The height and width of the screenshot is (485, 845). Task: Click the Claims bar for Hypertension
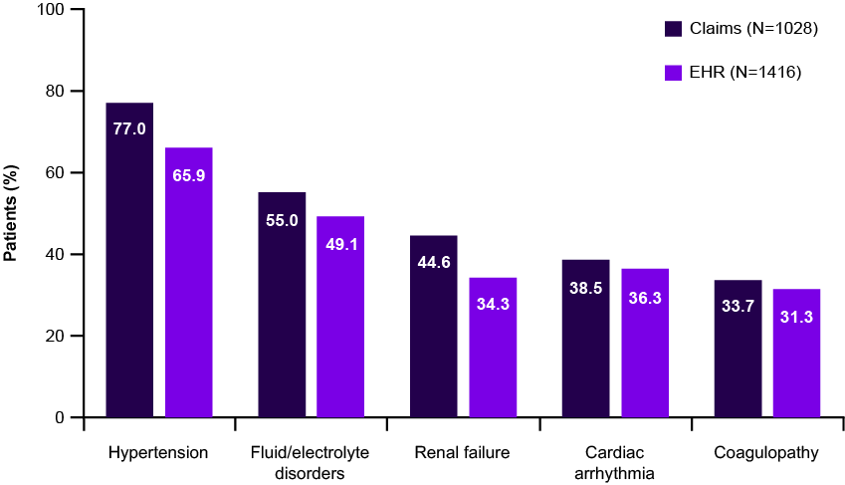[129, 259]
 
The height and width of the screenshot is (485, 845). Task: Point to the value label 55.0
[282, 220]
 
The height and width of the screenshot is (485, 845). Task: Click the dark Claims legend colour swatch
[673, 28]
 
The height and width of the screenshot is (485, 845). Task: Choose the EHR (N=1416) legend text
[745, 72]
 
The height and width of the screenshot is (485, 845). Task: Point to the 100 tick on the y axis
[47, 10]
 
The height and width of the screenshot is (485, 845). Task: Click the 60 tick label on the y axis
[51, 173]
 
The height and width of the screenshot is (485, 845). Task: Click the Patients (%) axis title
[10, 214]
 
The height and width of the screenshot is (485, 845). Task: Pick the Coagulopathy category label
[766, 454]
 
